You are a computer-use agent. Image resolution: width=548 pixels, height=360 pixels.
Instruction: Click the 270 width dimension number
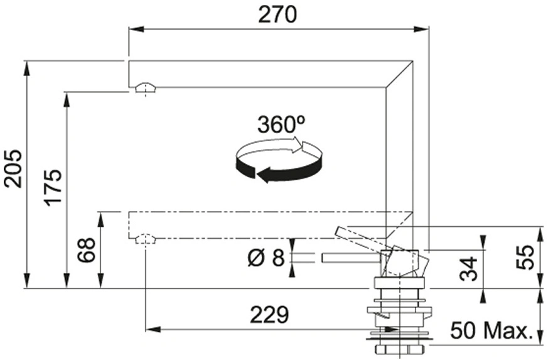277,14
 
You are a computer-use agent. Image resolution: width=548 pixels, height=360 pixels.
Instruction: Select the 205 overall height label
13,168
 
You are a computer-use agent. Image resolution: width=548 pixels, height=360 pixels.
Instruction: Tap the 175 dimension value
53,187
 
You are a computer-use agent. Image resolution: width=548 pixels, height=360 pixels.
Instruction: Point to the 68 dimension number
86,250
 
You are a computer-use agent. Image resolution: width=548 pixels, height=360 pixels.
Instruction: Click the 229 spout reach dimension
269,315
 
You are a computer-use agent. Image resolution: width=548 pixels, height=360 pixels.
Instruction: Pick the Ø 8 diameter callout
267,258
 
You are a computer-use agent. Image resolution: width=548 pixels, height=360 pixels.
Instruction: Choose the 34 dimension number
468,269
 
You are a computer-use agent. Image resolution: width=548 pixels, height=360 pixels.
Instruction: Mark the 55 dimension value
525,257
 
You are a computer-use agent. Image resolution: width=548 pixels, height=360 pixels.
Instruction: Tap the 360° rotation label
281,124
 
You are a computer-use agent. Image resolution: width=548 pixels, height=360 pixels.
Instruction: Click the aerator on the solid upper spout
145,88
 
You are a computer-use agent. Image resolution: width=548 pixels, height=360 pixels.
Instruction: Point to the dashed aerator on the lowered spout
145,239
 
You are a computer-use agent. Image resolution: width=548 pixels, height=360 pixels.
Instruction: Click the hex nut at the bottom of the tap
399,349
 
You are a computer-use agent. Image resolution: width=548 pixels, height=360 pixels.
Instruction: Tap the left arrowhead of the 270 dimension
136,30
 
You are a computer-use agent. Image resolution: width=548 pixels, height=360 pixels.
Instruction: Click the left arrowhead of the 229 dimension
153,329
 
